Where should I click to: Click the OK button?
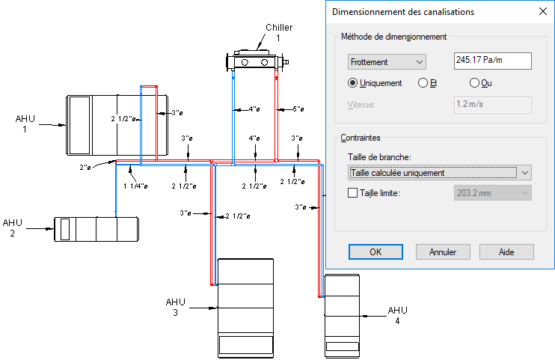click(375, 251)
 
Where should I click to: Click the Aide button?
click(506, 251)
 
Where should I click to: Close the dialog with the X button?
click(542, 12)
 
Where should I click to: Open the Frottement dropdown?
click(387, 61)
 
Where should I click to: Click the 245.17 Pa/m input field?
click(492, 61)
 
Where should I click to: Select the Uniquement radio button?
click(354, 83)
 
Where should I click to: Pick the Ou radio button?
click(474, 83)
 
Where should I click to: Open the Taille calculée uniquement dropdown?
click(440, 172)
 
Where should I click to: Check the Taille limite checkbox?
click(354, 193)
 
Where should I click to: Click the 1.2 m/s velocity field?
click(492, 104)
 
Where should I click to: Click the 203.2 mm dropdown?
click(492, 193)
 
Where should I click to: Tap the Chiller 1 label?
click(278, 32)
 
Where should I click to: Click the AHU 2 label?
click(13, 228)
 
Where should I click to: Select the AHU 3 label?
click(175, 307)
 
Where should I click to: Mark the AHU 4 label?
click(397, 315)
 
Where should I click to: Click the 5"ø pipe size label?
click(298, 109)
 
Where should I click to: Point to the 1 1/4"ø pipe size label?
click(136, 186)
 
